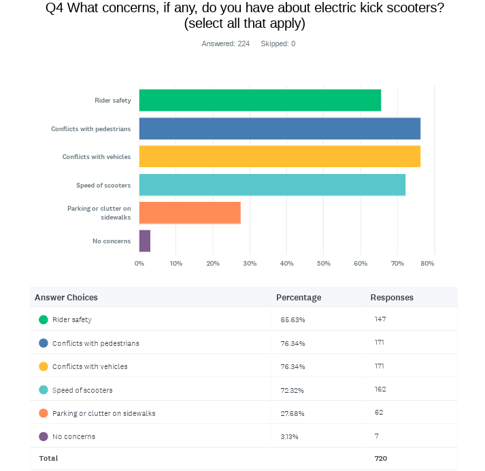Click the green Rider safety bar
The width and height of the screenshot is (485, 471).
(260, 101)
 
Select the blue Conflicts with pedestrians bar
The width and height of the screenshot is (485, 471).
(280, 128)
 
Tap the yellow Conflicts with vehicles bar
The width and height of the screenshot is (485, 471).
(280, 156)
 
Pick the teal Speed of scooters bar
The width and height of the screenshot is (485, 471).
(272, 185)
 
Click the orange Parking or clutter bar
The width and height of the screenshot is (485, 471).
(190, 213)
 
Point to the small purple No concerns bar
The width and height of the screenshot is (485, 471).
(145, 241)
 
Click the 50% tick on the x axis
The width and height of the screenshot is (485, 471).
(323, 263)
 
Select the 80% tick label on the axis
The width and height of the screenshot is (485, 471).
(427, 263)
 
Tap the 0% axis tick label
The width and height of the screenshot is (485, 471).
(139, 263)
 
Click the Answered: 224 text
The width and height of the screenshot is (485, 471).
(225, 43)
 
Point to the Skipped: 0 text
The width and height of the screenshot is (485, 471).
(278, 43)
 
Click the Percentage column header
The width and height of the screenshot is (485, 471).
(299, 298)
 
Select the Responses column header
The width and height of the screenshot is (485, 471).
(392, 298)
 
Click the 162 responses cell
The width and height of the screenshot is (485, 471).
(380, 389)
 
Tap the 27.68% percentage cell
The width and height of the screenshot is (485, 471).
(292, 413)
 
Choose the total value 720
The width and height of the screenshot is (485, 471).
(381, 459)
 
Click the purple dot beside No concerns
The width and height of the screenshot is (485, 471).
(44, 436)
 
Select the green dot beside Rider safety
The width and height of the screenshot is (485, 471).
(44, 319)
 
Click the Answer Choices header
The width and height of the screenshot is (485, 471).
(66, 298)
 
